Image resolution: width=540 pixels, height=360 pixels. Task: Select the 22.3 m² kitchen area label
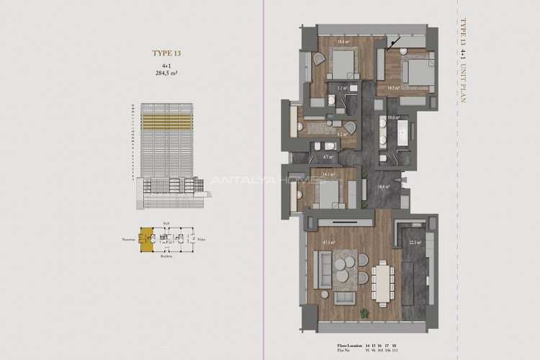tap(413, 243)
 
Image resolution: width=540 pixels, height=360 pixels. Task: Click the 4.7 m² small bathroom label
tap(326, 156)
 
